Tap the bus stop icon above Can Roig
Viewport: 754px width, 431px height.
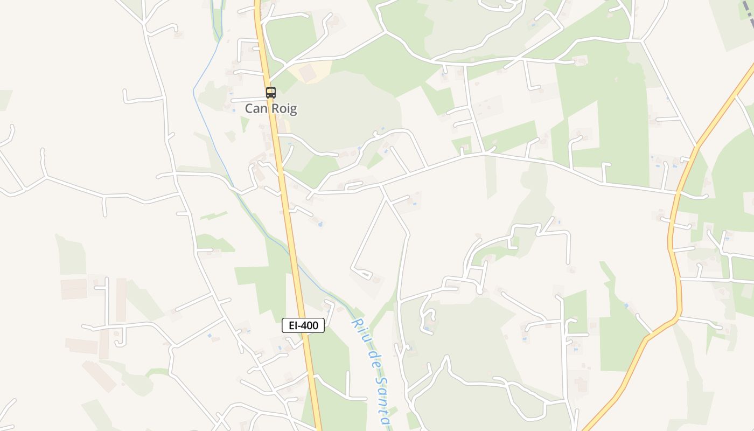click(x=270, y=92)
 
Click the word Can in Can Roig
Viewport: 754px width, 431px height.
click(x=256, y=109)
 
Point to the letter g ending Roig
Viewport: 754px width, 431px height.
click(x=293, y=110)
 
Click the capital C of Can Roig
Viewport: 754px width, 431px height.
click(x=249, y=109)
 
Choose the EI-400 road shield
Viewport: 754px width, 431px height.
click(x=303, y=325)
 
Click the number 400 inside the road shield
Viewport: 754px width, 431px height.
click(x=310, y=325)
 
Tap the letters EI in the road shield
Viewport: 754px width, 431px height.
click(x=292, y=325)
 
